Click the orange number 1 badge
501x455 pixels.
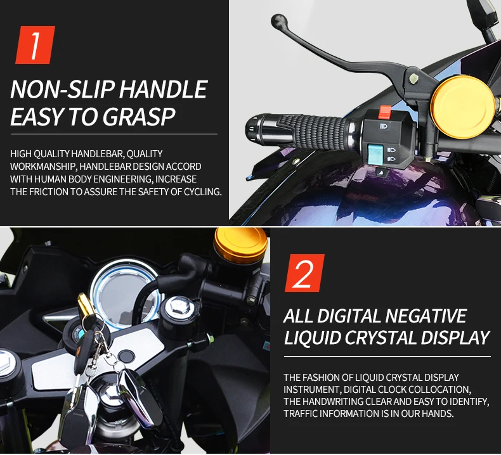point(35,45)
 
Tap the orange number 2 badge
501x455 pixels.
point(304,273)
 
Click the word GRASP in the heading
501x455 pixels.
point(139,117)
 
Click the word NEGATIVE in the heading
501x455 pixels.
point(426,316)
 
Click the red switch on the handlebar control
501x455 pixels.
point(385,112)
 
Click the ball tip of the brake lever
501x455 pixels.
point(279,22)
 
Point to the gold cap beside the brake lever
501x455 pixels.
point(462,107)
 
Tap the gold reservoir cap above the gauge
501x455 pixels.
point(240,245)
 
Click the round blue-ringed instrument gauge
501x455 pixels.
point(124,294)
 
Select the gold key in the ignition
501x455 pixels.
point(85,307)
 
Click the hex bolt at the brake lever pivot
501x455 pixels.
point(413,79)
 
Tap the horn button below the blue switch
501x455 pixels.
point(382,172)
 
